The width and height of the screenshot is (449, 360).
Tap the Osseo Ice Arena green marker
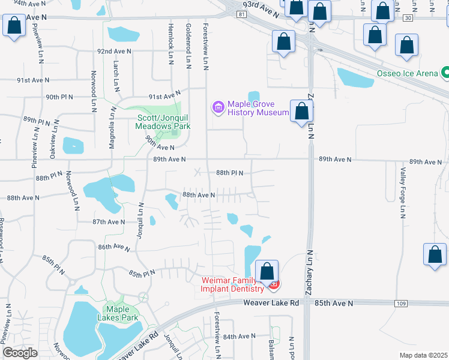[x=446, y=73]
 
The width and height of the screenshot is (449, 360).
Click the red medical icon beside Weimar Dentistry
[x=274, y=284]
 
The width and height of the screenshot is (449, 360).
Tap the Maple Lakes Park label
[x=122, y=313]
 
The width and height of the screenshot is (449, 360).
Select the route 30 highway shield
[x=408, y=18]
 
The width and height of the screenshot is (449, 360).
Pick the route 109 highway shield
[x=401, y=304]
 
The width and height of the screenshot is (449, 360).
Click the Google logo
[x=20, y=353]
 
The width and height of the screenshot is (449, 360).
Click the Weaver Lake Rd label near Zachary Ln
[x=271, y=303]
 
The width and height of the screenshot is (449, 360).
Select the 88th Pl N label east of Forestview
[x=229, y=173]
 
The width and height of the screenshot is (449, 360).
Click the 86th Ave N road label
[x=114, y=247]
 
